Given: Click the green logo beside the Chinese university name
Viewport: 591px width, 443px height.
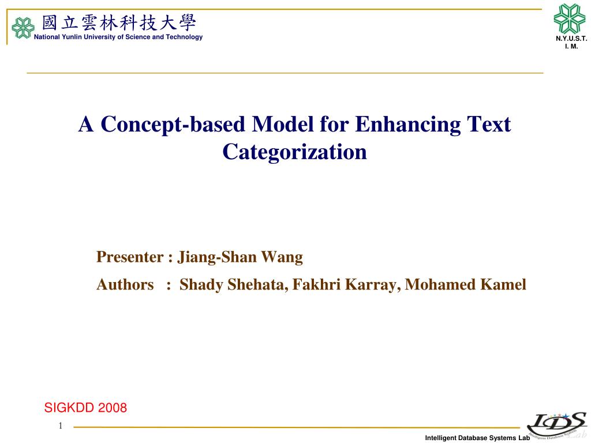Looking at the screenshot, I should pos(23,28).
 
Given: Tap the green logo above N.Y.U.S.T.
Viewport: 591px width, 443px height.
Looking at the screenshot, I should pos(570,18).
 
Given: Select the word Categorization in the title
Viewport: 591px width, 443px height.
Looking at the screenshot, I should pos(294,152).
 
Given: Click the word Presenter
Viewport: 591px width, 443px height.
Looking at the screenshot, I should pos(130,257).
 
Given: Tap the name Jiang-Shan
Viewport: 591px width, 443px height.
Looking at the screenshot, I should pos(217,257).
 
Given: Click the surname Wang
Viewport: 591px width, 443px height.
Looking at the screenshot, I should pos(282,257).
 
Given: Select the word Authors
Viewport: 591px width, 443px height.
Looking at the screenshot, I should pos(125,284).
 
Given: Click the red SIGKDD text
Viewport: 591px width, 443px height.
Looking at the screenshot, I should pos(70,408).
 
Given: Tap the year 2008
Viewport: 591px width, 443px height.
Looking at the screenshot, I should pos(113,408).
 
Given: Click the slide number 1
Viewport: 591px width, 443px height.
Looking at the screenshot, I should pos(60,426).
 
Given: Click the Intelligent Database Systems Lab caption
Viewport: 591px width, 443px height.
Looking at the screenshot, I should pos(477,438).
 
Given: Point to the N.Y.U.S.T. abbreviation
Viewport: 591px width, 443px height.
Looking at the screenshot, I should pos(571,39).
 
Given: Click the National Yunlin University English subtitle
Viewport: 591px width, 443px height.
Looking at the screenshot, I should pos(118,37).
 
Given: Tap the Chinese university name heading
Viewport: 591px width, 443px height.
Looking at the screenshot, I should pos(119,23).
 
